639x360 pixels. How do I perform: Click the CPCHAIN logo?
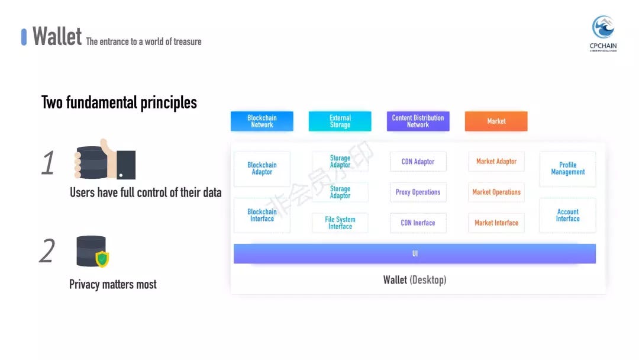pyautogui.click(x=603, y=33)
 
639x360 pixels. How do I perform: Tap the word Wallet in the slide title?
pyautogui.click(x=57, y=36)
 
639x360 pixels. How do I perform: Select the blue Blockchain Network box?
pyautogui.click(x=262, y=121)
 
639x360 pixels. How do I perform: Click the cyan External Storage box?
pyautogui.click(x=340, y=121)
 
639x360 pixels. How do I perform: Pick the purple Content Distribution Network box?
pyautogui.click(x=418, y=121)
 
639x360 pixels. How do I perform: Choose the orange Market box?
pyautogui.click(x=496, y=121)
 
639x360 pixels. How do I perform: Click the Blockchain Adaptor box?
pyautogui.click(x=262, y=169)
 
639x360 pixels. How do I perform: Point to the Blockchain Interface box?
pyautogui.click(x=262, y=216)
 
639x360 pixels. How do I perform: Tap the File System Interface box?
pyautogui.click(x=340, y=223)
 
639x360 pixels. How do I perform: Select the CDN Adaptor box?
pyautogui.click(x=418, y=162)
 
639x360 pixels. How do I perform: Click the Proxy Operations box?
pyautogui.click(x=418, y=192)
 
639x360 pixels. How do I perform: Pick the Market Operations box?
pyautogui.click(x=496, y=192)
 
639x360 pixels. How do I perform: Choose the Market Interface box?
pyautogui.click(x=496, y=223)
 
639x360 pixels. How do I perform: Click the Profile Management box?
pyautogui.click(x=567, y=169)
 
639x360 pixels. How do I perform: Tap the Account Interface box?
pyautogui.click(x=567, y=216)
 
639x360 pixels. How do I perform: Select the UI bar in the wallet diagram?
pyautogui.click(x=414, y=253)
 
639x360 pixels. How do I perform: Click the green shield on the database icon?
pyautogui.click(x=102, y=259)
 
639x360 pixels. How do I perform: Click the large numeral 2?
pyautogui.click(x=47, y=250)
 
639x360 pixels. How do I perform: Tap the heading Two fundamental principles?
pyautogui.click(x=119, y=102)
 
